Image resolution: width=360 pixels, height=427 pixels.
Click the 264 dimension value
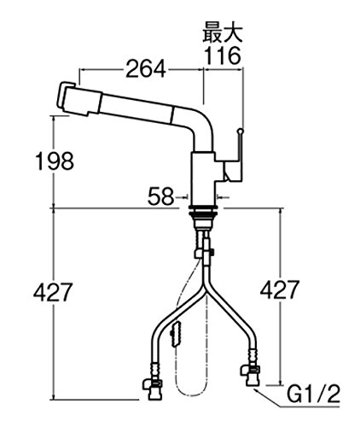click(x=145, y=68)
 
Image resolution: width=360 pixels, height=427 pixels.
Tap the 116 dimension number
click(x=223, y=56)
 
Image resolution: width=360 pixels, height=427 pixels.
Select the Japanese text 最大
click(x=223, y=32)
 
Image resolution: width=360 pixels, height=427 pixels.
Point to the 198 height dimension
click(x=55, y=161)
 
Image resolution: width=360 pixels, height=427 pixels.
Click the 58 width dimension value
click(x=160, y=196)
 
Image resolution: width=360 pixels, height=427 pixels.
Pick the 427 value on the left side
click(x=53, y=292)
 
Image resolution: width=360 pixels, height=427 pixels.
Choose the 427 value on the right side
click(x=280, y=290)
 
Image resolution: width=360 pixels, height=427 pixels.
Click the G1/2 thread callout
click(x=313, y=395)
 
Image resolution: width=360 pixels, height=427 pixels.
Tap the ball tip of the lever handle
click(x=241, y=132)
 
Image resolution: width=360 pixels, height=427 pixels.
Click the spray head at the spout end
click(x=79, y=98)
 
